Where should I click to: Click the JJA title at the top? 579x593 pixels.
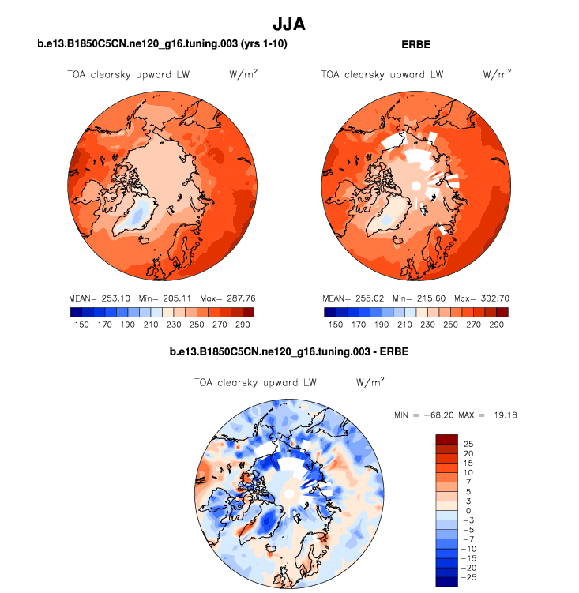(x=288, y=24)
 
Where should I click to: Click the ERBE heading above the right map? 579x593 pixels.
(x=415, y=45)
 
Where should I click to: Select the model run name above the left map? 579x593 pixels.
(x=162, y=45)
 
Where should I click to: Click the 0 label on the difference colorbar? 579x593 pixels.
(x=467, y=511)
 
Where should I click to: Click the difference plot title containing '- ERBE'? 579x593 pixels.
(x=288, y=350)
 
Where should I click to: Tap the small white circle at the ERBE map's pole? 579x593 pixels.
(x=415, y=185)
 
